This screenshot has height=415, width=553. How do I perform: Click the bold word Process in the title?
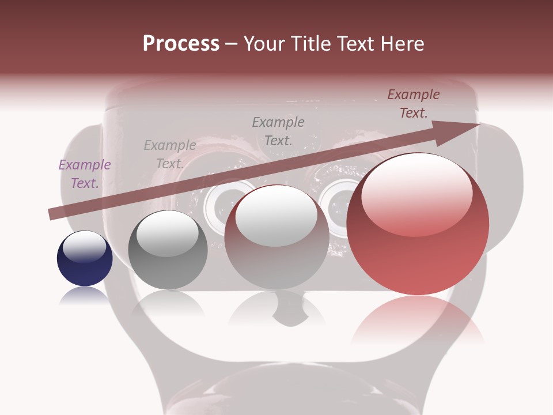(181, 44)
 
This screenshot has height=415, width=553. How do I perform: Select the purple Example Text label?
(85, 174)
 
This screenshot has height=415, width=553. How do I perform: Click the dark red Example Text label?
(414, 104)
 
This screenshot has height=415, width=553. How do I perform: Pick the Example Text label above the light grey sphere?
(278, 131)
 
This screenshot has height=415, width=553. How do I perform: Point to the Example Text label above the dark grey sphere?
(170, 154)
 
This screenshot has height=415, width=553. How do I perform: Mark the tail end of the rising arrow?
(52, 214)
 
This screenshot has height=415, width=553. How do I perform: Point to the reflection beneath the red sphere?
(418, 320)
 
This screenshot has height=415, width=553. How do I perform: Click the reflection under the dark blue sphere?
(85, 295)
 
